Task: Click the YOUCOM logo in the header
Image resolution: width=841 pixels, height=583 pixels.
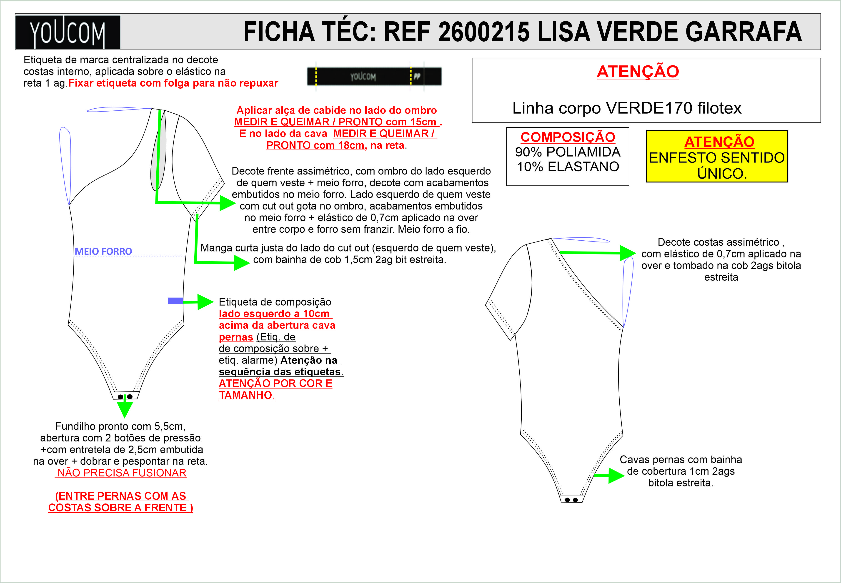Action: [68, 32]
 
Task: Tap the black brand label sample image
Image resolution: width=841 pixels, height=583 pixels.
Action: [374, 76]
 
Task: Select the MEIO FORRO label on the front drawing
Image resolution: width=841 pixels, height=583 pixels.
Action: [103, 251]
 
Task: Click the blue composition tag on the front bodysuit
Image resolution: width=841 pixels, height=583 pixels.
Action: [175, 301]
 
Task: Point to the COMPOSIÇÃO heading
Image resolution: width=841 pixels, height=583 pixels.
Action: [568, 137]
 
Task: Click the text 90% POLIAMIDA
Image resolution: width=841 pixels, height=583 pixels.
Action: [568, 152]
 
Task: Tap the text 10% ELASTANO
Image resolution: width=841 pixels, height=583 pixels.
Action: [568, 167]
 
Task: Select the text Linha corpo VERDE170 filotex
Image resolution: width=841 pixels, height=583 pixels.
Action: [627, 108]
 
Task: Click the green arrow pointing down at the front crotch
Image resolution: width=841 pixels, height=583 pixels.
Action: [125, 408]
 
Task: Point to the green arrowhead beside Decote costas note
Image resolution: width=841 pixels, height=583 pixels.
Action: [628, 253]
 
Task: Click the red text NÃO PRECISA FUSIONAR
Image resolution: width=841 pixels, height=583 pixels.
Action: [122, 473]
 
